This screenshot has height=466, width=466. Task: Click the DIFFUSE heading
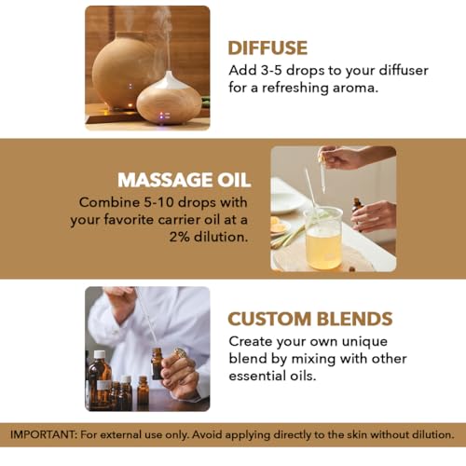pos(267,48)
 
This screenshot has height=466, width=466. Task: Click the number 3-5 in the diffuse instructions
pos(271,71)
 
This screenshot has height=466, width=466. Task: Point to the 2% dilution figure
pos(180,237)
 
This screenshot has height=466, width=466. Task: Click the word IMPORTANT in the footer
pos(43,434)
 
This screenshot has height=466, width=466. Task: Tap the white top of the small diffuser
pos(169,80)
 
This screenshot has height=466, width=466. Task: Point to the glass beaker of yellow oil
pos(323,239)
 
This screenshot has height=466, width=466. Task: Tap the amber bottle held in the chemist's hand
pos(157,363)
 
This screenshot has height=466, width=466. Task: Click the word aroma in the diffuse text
pos(354,88)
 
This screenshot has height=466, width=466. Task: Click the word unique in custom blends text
pos(364,342)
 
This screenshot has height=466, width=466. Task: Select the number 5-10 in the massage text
pos(158,202)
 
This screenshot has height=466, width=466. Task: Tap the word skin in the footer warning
pos(357,434)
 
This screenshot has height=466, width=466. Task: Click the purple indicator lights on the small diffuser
pos(165,116)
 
